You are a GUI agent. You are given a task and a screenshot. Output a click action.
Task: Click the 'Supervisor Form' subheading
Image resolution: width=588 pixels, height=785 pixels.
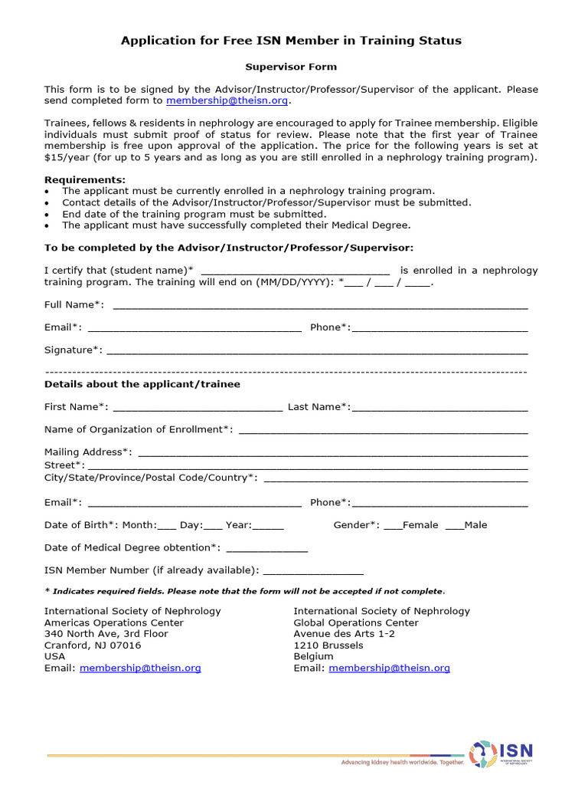pos(291,67)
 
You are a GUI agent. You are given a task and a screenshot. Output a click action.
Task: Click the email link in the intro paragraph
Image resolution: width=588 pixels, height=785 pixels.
pos(228,100)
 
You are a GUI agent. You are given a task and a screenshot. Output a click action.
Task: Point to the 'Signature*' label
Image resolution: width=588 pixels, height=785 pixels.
pos(73,350)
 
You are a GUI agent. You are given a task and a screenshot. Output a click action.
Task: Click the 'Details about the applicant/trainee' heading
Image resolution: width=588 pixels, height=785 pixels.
pos(142,384)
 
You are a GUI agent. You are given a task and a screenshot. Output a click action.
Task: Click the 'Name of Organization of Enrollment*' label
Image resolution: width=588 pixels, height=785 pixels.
pos(139,429)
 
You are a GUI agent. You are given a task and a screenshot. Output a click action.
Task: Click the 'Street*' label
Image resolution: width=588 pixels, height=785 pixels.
pos(64,465)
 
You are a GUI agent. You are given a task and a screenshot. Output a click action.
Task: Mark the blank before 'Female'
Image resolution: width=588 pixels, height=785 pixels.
pos(392,527)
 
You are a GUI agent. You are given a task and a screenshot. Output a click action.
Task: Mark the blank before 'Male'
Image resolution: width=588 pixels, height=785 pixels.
pos(454,527)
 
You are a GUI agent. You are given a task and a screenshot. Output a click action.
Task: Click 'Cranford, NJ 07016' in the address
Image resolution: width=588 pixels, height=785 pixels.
pos(93,645)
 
